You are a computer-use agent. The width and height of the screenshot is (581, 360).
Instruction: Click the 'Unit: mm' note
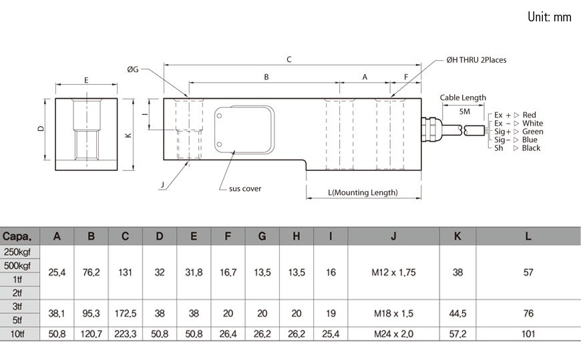pyautogui.click(x=549, y=17)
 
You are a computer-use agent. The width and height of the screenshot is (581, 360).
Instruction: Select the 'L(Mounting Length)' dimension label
pyautogui.click(x=363, y=193)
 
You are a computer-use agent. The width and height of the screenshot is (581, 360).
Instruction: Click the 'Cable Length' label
pyautogui.click(x=463, y=98)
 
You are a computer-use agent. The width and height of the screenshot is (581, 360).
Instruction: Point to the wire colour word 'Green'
pyautogui.click(x=532, y=132)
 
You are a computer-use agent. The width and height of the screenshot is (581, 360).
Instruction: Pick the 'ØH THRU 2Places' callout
pyautogui.click(x=476, y=60)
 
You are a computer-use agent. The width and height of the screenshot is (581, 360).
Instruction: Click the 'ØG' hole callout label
pyautogui.click(x=133, y=69)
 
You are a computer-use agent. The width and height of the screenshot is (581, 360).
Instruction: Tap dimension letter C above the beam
pyautogui.click(x=288, y=59)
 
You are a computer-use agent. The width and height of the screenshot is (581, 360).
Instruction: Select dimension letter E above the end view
pyautogui.click(x=87, y=79)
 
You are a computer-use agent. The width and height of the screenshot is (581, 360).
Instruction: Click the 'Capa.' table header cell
pyautogui.click(x=20, y=236)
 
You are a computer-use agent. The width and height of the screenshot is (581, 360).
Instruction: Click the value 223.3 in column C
pyautogui.click(x=126, y=334)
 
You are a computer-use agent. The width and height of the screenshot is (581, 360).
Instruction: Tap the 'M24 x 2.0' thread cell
pyautogui.click(x=393, y=334)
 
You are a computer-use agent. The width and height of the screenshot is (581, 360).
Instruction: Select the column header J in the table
pyautogui.click(x=393, y=236)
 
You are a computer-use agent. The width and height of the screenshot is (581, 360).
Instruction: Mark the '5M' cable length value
pyautogui.click(x=465, y=111)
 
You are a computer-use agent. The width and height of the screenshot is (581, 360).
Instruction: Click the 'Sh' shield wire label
pyautogui.click(x=498, y=148)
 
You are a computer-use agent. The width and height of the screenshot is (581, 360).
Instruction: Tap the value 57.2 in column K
pyautogui.click(x=457, y=334)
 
